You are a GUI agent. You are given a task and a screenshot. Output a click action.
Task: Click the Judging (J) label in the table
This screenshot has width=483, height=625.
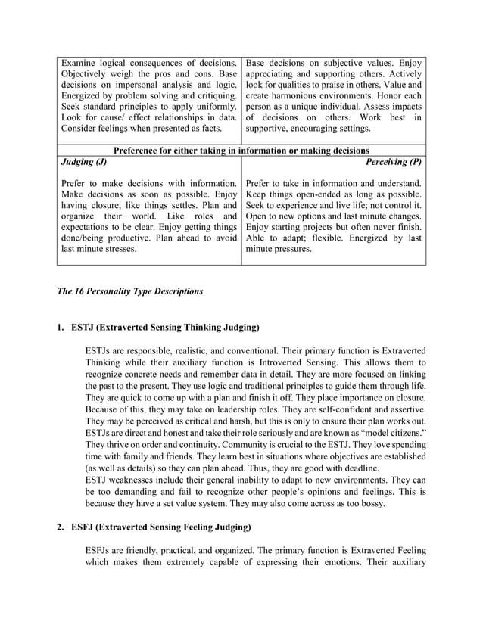click(83, 162)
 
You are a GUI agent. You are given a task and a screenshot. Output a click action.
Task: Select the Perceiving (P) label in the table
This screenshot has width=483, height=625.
click(394, 162)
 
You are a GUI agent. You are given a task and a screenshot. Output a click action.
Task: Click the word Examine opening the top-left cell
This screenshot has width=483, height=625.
click(80, 61)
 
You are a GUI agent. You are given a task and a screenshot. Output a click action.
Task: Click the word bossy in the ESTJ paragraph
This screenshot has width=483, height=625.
click(369, 503)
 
